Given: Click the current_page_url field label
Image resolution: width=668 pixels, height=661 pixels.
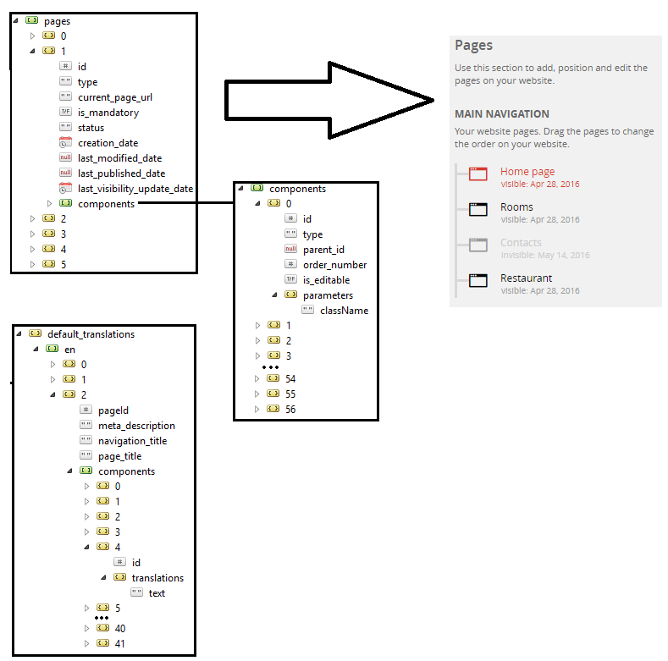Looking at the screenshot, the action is [x=114, y=97].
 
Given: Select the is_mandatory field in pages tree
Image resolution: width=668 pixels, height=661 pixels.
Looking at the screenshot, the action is [x=108, y=113].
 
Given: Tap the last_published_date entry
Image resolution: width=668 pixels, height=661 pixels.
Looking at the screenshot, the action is [x=121, y=174].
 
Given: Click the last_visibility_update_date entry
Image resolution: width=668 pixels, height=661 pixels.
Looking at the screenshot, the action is [x=135, y=189].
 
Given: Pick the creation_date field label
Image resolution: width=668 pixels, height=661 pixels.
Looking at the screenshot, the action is [x=108, y=143].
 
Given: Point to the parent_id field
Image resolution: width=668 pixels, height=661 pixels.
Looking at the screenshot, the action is [x=323, y=250].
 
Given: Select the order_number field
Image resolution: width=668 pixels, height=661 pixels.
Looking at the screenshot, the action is [x=334, y=265].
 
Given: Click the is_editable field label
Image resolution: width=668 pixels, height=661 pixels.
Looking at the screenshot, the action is [x=326, y=280].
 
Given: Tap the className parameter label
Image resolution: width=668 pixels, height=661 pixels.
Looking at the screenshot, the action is [x=344, y=311].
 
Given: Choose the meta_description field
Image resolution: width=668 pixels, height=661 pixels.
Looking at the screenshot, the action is [x=136, y=426].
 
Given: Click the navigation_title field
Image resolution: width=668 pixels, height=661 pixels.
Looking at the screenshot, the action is [x=132, y=441].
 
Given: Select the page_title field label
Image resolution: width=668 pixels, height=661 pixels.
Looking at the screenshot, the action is [x=119, y=456].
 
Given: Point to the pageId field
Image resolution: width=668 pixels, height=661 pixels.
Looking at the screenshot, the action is [x=113, y=410].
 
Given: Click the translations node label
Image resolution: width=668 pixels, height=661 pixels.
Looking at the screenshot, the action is [x=157, y=578].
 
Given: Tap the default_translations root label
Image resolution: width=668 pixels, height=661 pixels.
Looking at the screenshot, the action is [x=91, y=334].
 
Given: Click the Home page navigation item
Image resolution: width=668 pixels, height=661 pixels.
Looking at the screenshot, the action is [x=527, y=172].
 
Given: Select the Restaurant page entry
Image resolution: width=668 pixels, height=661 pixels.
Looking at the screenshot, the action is [x=526, y=278].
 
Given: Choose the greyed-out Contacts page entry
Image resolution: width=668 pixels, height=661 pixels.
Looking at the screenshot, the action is [x=521, y=243].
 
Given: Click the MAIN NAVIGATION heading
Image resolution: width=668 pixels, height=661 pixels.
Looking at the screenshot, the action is [x=502, y=114].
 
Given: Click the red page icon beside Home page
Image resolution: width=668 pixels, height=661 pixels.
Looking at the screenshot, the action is [x=478, y=174].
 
